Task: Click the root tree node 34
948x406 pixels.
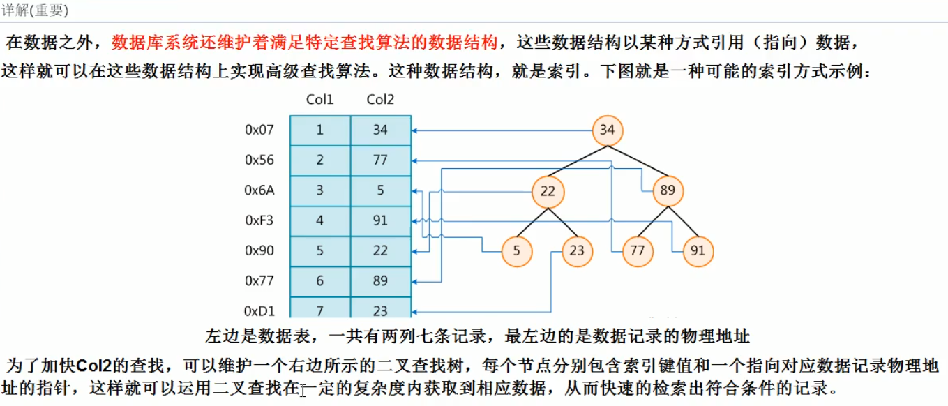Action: pos(608,130)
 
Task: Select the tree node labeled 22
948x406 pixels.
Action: pos(548,190)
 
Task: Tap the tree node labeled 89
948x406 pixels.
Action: pos(668,190)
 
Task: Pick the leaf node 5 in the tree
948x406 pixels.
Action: pos(517,251)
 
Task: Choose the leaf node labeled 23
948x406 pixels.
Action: pos(577,251)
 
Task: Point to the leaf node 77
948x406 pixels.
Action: pos(637,251)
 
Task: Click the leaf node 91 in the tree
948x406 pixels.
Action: pos(698,251)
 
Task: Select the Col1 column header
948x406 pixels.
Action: pos(320,100)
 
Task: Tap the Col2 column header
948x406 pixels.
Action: pos(380,100)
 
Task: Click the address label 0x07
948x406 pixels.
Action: pos(259,130)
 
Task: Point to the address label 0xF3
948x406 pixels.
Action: pos(259,220)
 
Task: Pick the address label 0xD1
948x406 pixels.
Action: pos(259,311)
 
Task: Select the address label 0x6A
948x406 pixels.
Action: pos(259,190)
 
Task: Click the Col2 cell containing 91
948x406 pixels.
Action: pos(380,220)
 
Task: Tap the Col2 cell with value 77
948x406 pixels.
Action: pos(380,160)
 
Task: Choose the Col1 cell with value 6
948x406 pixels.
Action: pos(320,281)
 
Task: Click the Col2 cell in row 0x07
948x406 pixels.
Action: pos(380,130)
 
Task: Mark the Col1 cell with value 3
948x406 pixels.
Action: pos(320,190)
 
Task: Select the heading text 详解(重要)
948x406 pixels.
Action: pos(35,10)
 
